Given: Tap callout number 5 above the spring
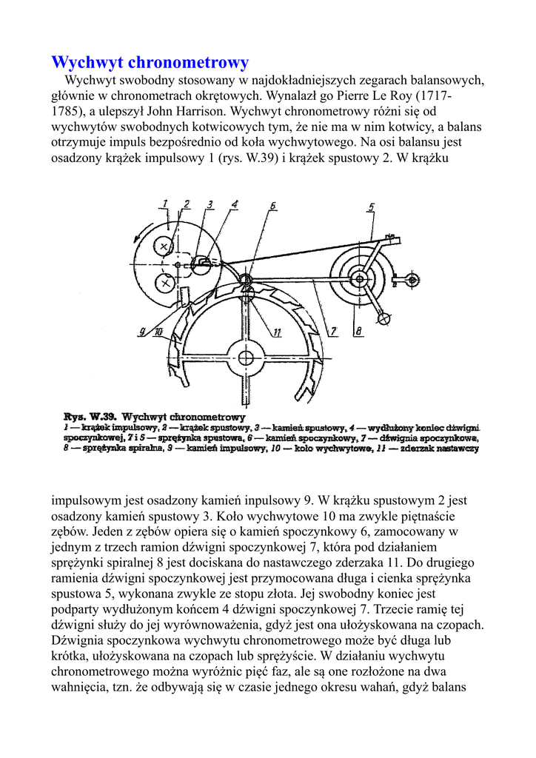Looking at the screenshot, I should pyautogui.click(x=371, y=207).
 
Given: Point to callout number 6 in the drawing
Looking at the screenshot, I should pyautogui.click(x=272, y=206).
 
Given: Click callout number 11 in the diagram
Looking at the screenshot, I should pyautogui.click(x=277, y=332).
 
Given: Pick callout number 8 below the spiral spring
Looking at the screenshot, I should pyautogui.click(x=358, y=332).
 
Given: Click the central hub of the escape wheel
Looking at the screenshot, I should pyautogui.click(x=244, y=352).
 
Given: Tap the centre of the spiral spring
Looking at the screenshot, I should pyautogui.click(x=359, y=278).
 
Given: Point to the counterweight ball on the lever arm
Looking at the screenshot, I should pyautogui.click(x=384, y=318).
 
